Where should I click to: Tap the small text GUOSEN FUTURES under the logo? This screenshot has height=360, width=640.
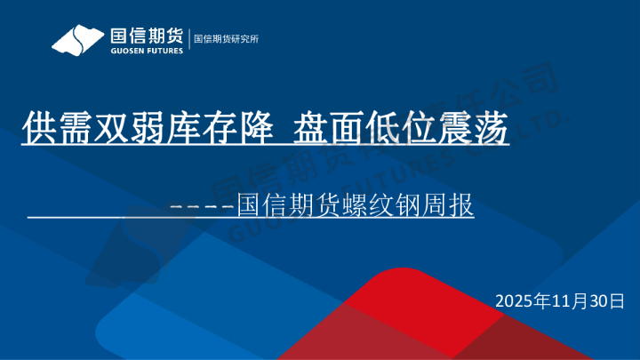pyautogui.click(x=146, y=50)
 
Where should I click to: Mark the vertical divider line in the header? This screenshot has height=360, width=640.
pyautogui.click(x=188, y=39)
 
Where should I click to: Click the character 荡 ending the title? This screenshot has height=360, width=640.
pyautogui.click(x=495, y=129)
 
